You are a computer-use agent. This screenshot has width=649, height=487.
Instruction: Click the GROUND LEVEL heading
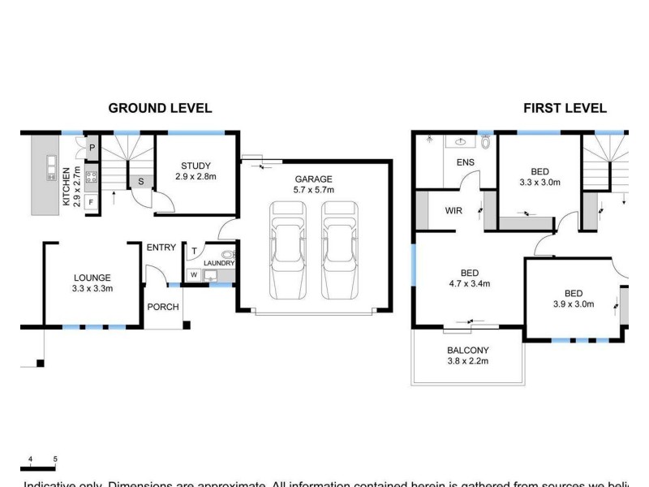click(160, 108)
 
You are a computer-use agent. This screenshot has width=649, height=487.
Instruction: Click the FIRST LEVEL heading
click(565, 108)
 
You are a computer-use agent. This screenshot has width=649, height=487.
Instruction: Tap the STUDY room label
click(196, 171)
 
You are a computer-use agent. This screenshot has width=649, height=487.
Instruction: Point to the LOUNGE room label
click(92, 282)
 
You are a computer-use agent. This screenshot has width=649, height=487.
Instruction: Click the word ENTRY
click(161, 248)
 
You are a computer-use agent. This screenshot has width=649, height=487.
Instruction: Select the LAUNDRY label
click(218, 263)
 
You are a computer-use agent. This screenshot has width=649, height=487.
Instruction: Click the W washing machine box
click(194, 275)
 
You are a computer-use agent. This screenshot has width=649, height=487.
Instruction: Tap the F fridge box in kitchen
click(90, 201)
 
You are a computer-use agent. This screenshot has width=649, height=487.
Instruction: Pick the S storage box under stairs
click(141, 181)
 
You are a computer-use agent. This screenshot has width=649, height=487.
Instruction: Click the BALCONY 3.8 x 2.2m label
click(468, 356)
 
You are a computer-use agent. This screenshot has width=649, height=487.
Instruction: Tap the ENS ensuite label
click(466, 162)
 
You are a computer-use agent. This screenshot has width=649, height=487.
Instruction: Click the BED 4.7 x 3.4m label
click(470, 278)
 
